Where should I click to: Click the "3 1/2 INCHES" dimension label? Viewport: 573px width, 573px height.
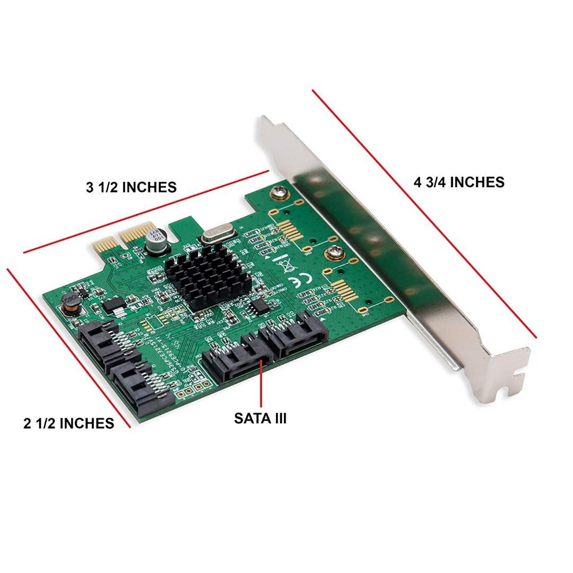pyautogui.click(x=131, y=187)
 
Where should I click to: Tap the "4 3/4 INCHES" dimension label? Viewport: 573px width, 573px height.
pyautogui.click(x=459, y=182)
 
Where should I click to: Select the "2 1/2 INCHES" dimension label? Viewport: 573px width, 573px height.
pyautogui.click(x=68, y=423)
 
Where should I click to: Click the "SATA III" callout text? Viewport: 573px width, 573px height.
pyautogui.click(x=260, y=418)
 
